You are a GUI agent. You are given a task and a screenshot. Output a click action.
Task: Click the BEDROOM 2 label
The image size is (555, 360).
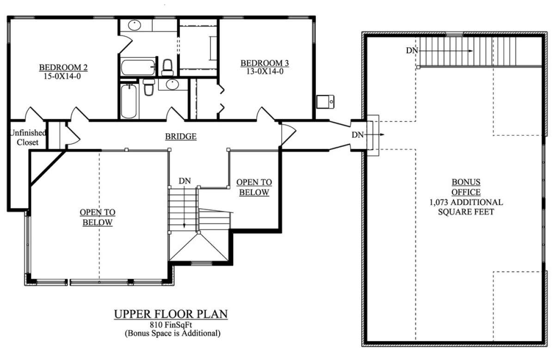(x=63, y=68)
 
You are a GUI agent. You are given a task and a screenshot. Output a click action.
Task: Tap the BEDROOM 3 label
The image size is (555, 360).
(x=265, y=63)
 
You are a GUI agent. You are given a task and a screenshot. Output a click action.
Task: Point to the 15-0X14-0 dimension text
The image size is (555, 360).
(x=62, y=76)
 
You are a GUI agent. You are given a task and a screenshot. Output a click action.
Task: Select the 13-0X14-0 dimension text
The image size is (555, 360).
(x=265, y=71)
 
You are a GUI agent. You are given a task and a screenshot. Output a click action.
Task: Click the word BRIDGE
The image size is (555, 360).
(x=181, y=137)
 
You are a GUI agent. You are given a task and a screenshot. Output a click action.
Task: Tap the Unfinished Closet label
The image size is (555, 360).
(x=28, y=137)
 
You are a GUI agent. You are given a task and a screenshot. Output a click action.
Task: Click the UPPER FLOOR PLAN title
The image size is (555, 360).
(x=171, y=314)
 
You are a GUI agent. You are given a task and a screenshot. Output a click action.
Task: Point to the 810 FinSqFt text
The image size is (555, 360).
(x=171, y=325)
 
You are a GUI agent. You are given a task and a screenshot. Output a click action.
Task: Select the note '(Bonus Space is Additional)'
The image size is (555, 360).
(x=173, y=333)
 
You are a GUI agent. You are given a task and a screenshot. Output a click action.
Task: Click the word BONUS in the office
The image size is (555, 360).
(x=466, y=182)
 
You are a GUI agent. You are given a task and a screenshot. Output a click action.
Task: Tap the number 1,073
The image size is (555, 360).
(x=439, y=202)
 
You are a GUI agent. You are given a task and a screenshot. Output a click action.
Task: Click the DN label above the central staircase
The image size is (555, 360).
(x=185, y=181)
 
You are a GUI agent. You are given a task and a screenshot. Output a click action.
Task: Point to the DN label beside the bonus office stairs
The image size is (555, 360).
(x=412, y=50)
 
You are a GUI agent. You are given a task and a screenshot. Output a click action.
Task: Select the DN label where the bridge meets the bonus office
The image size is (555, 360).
(x=358, y=135)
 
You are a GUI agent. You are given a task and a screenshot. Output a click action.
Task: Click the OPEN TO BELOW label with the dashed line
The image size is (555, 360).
(x=98, y=217)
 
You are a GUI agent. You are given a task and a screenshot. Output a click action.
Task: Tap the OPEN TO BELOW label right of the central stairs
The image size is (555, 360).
(x=254, y=187)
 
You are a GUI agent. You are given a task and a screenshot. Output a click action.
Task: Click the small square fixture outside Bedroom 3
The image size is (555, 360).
(x=325, y=102)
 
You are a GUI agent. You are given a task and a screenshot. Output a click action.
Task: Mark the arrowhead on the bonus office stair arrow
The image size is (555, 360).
(x=470, y=51)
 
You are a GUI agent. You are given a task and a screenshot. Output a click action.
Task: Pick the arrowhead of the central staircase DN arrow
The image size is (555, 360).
(x=184, y=225)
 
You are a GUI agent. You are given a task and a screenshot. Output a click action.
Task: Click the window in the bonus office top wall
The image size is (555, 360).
(x=454, y=34)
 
